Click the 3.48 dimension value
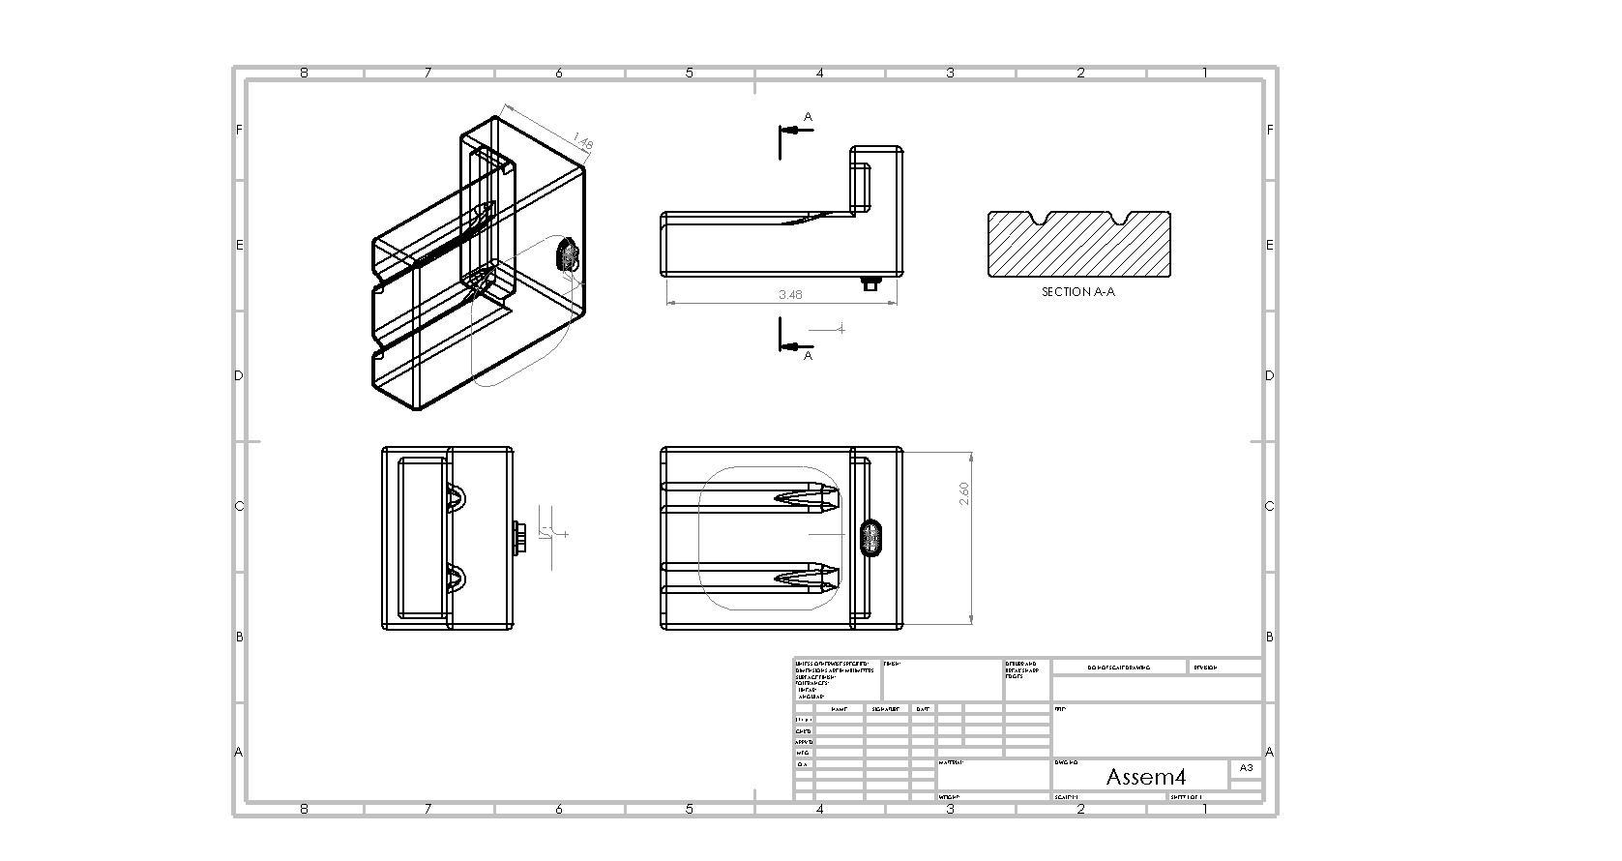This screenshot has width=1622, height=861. tap(790, 295)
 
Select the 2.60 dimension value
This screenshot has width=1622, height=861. tap(963, 493)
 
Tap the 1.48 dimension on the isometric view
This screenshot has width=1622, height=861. tap(583, 141)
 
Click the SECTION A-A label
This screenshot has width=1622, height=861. tap(1077, 291)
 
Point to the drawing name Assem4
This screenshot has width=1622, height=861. tap(1145, 777)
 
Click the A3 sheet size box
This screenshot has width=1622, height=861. tap(1246, 767)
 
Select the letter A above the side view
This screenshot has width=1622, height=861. tap(809, 117)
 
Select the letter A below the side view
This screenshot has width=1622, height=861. tap(809, 355)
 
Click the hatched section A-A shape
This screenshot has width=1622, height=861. tap(1078, 250)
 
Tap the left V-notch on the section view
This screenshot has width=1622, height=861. tap(1040, 219)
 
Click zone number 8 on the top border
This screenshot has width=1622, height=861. tap(305, 73)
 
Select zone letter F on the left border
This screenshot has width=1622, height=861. tap(239, 130)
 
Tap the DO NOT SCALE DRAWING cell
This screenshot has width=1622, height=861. tap(1118, 668)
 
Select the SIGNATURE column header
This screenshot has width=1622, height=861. tap(886, 709)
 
